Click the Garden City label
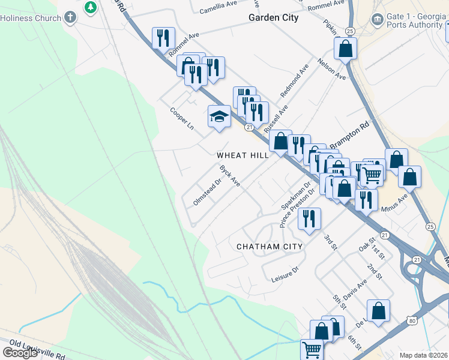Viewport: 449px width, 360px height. pos(273,18)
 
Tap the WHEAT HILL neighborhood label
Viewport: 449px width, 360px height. pos(243,155)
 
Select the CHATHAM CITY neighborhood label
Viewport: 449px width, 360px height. pos(270,247)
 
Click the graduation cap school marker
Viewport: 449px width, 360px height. pos(219,116)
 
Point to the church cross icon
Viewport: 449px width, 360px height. pos(71,17)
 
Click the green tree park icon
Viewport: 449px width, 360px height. pos(90,7)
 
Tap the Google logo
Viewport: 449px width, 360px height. pos(20,352)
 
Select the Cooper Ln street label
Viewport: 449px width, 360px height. pos(182,119)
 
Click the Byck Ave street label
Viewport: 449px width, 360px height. pos(229,176)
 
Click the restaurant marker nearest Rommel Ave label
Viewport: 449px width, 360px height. pos(163,39)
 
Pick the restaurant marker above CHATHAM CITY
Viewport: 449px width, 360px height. pos(309,219)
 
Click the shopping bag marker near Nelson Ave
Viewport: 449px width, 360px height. pos(345,49)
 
